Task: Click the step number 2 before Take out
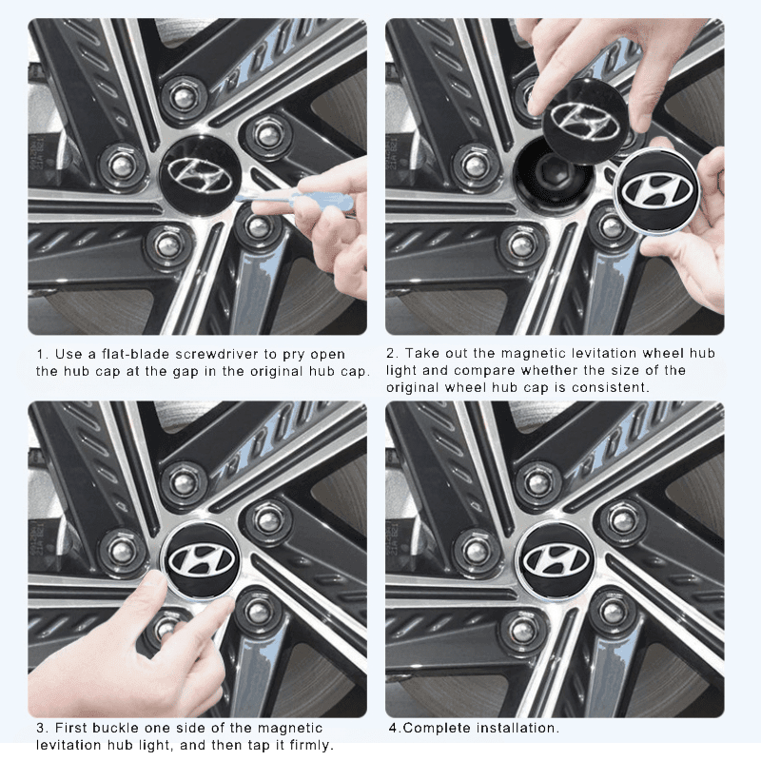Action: point(391,354)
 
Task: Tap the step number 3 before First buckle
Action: point(41,728)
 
